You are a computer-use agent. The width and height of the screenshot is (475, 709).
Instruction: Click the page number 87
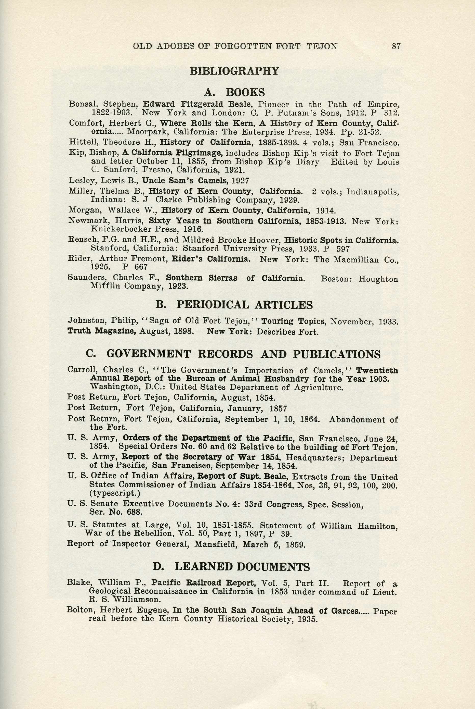pyautogui.click(x=396, y=46)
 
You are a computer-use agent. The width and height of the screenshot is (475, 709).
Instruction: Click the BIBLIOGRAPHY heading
pyautogui.click(x=234, y=71)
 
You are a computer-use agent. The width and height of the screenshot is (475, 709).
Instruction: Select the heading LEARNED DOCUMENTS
pyautogui.click(x=242, y=566)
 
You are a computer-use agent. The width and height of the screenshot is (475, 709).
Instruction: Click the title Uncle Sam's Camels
pyautogui.click(x=185, y=181)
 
